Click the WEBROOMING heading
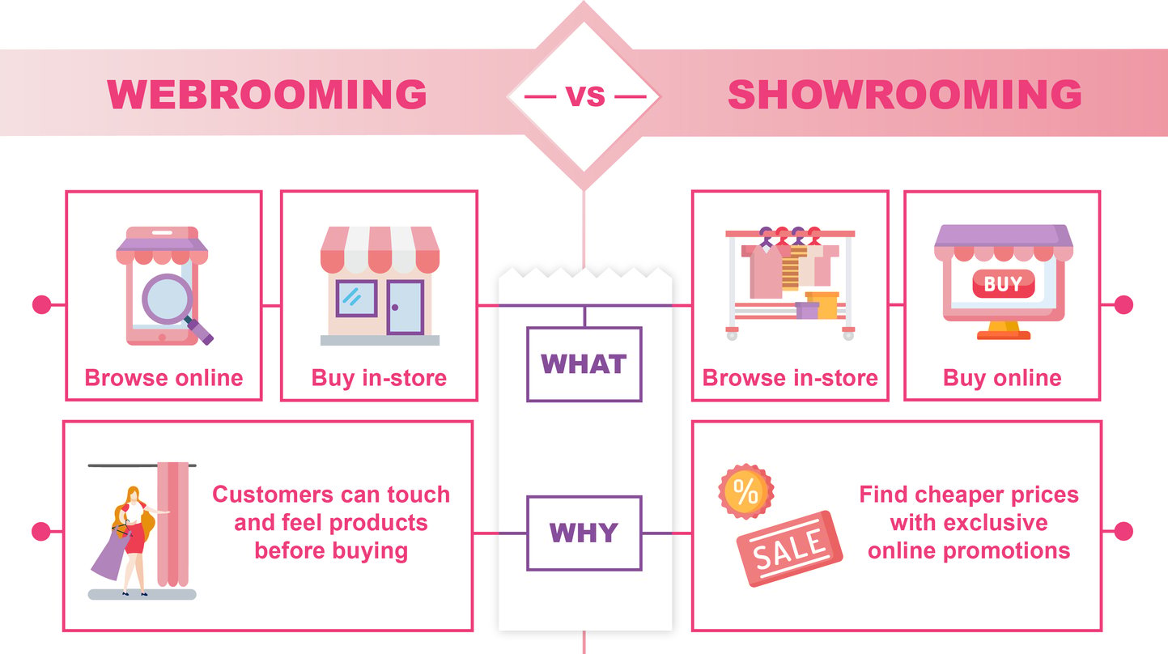pos(267,95)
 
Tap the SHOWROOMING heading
pos(905,95)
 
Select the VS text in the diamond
pos(585,96)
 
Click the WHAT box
pos(584,364)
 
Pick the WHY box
pos(584,533)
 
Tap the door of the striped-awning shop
pos(406,308)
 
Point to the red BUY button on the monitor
pos(1003,284)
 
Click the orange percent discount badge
pos(745,491)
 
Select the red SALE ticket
pos(789,549)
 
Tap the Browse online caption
pos(164,378)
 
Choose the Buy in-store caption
pos(379,378)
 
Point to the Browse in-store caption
pos(790,378)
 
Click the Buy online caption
pos(1002,378)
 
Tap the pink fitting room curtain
pos(172,524)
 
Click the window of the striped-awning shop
pos(357,299)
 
